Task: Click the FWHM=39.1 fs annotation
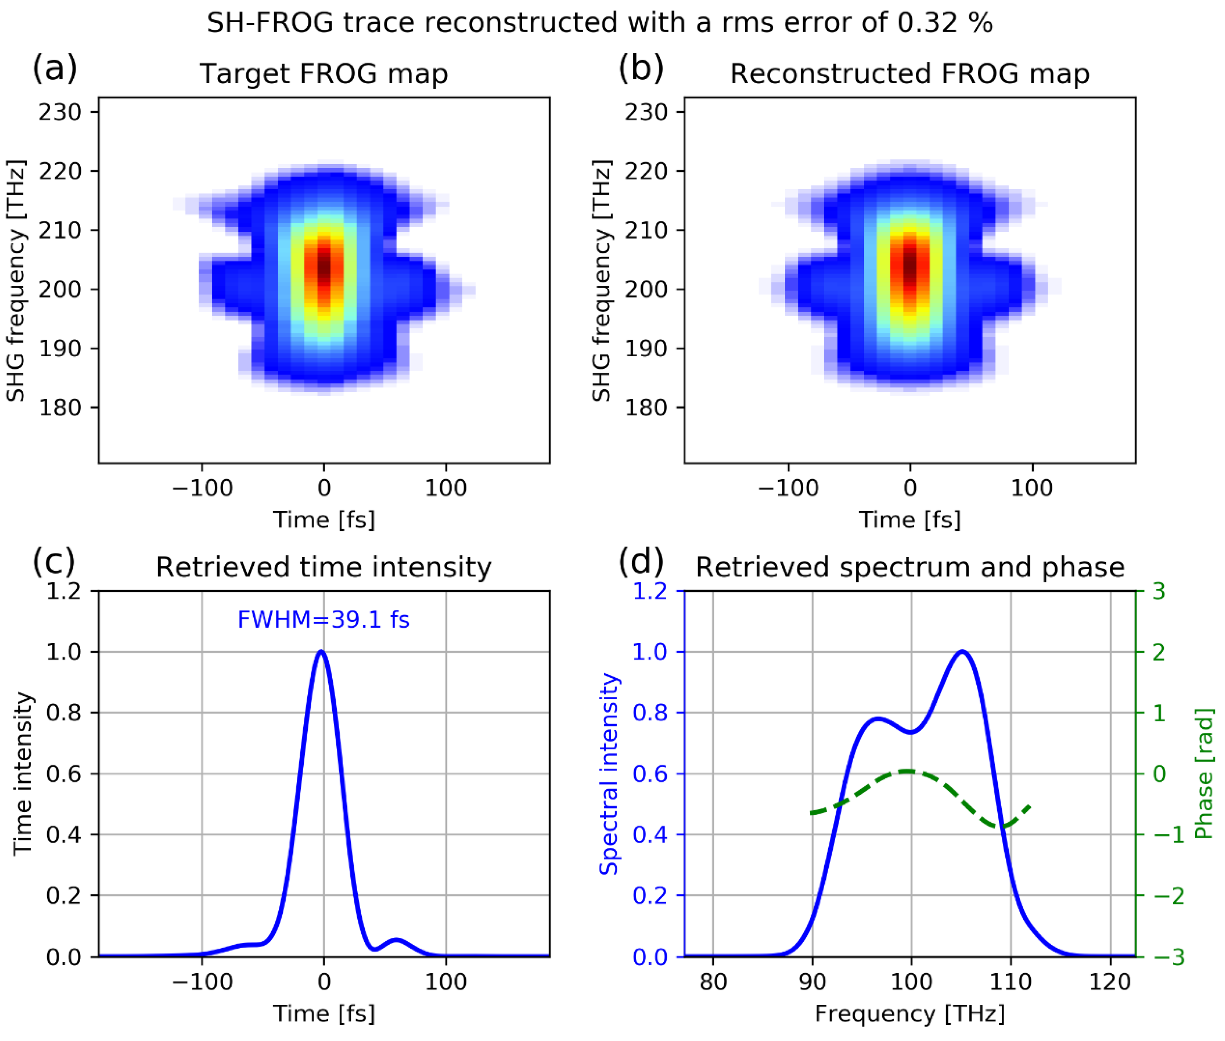(x=323, y=620)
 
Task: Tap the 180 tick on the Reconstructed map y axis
(x=646, y=407)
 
